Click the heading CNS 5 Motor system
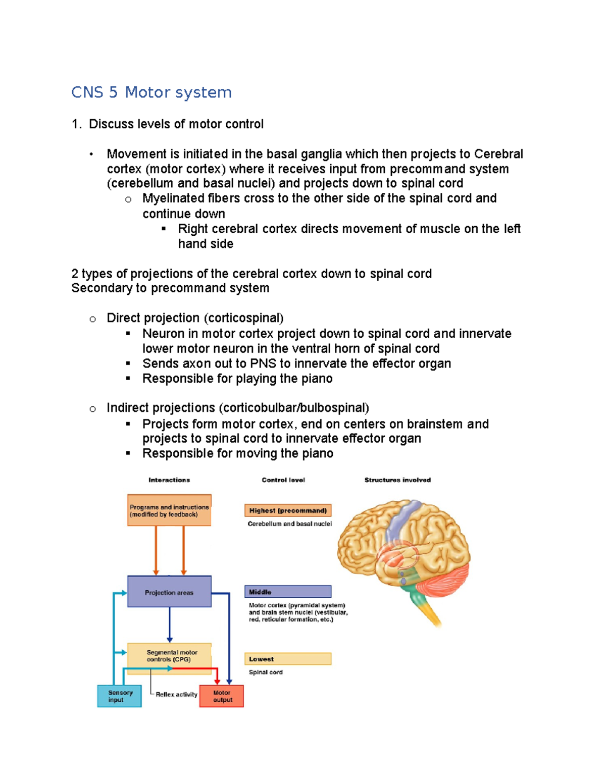tap(151, 92)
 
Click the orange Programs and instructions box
tap(169, 510)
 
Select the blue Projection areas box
tap(169, 592)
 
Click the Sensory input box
tap(119, 696)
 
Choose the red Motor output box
tap(222, 696)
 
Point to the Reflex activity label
tap(176, 695)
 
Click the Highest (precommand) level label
tap(288, 510)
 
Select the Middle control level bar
tap(288, 592)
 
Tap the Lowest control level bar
tap(288, 659)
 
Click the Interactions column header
tap(169, 480)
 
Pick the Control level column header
tap(283, 480)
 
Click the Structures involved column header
tap(397, 480)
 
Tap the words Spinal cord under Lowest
tap(266, 672)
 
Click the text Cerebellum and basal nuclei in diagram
tap(289, 524)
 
